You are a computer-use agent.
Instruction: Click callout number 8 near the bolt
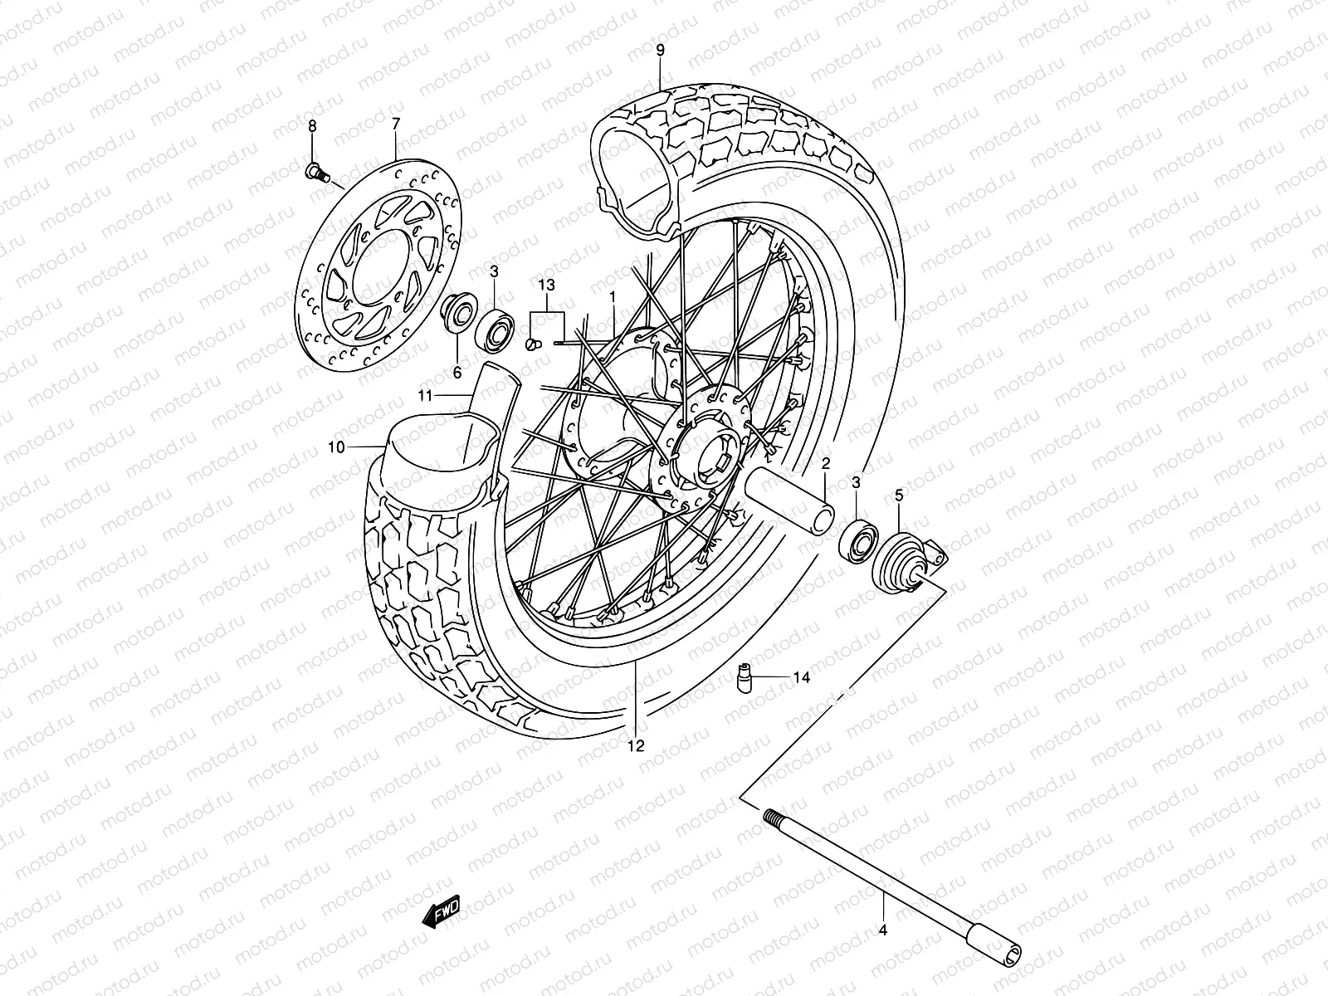313,126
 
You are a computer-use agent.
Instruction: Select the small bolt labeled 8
316,173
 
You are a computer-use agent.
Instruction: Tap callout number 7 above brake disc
396,124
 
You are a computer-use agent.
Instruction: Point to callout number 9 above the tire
661,51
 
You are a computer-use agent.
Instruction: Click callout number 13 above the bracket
545,286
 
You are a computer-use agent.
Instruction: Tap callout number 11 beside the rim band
425,396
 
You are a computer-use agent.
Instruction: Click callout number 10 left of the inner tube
336,447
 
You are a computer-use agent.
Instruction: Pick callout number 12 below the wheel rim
636,745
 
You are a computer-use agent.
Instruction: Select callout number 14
800,677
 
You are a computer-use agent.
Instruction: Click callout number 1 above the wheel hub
612,296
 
